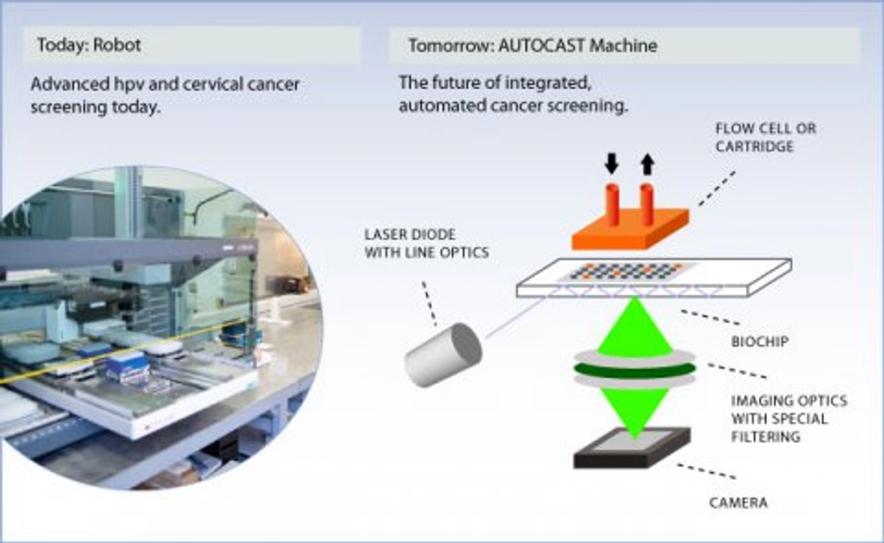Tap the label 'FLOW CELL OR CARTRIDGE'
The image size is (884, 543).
coord(765,137)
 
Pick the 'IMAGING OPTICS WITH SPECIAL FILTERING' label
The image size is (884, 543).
coord(789,419)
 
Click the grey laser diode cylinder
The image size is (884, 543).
coord(442,353)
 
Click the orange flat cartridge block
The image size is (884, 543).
coord(629,228)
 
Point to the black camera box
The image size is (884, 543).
coord(632,449)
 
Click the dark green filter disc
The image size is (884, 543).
coord(633,370)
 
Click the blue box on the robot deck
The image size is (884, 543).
coord(129,369)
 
